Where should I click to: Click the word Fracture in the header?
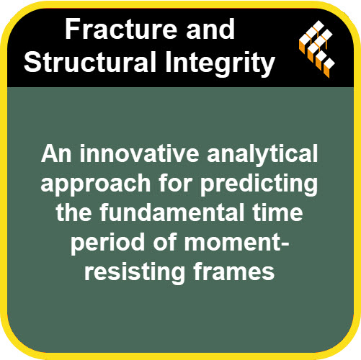pyautogui.click(x=122, y=30)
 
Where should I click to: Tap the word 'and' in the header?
pyautogui.click(x=210, y=30)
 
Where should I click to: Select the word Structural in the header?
pyautogui.click(x=90, y=62)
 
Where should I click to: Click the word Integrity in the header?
pyautogui.click(x=220, y=63)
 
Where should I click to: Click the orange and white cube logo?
pyautogui.click(x=317, y=49)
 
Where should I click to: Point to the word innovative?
pyautogui.click(x=139, y=154)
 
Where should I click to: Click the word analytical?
pyautogui.click(x=262, y=156)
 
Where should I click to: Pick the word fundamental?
pyautogui.click(x=171, y=212)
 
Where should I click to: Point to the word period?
pyautogui.click(x=107, y=243)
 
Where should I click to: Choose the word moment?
pyautogui.click(x=231, y=243)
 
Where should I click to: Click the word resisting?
pyautogui.click(x=135, y=273)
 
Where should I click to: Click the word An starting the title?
pyautogui.click(x=56, y=154)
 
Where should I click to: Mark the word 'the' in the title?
pyautogui.click(x=73, y=212)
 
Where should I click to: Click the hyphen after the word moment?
pyautogui.click(x=284, y=243)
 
